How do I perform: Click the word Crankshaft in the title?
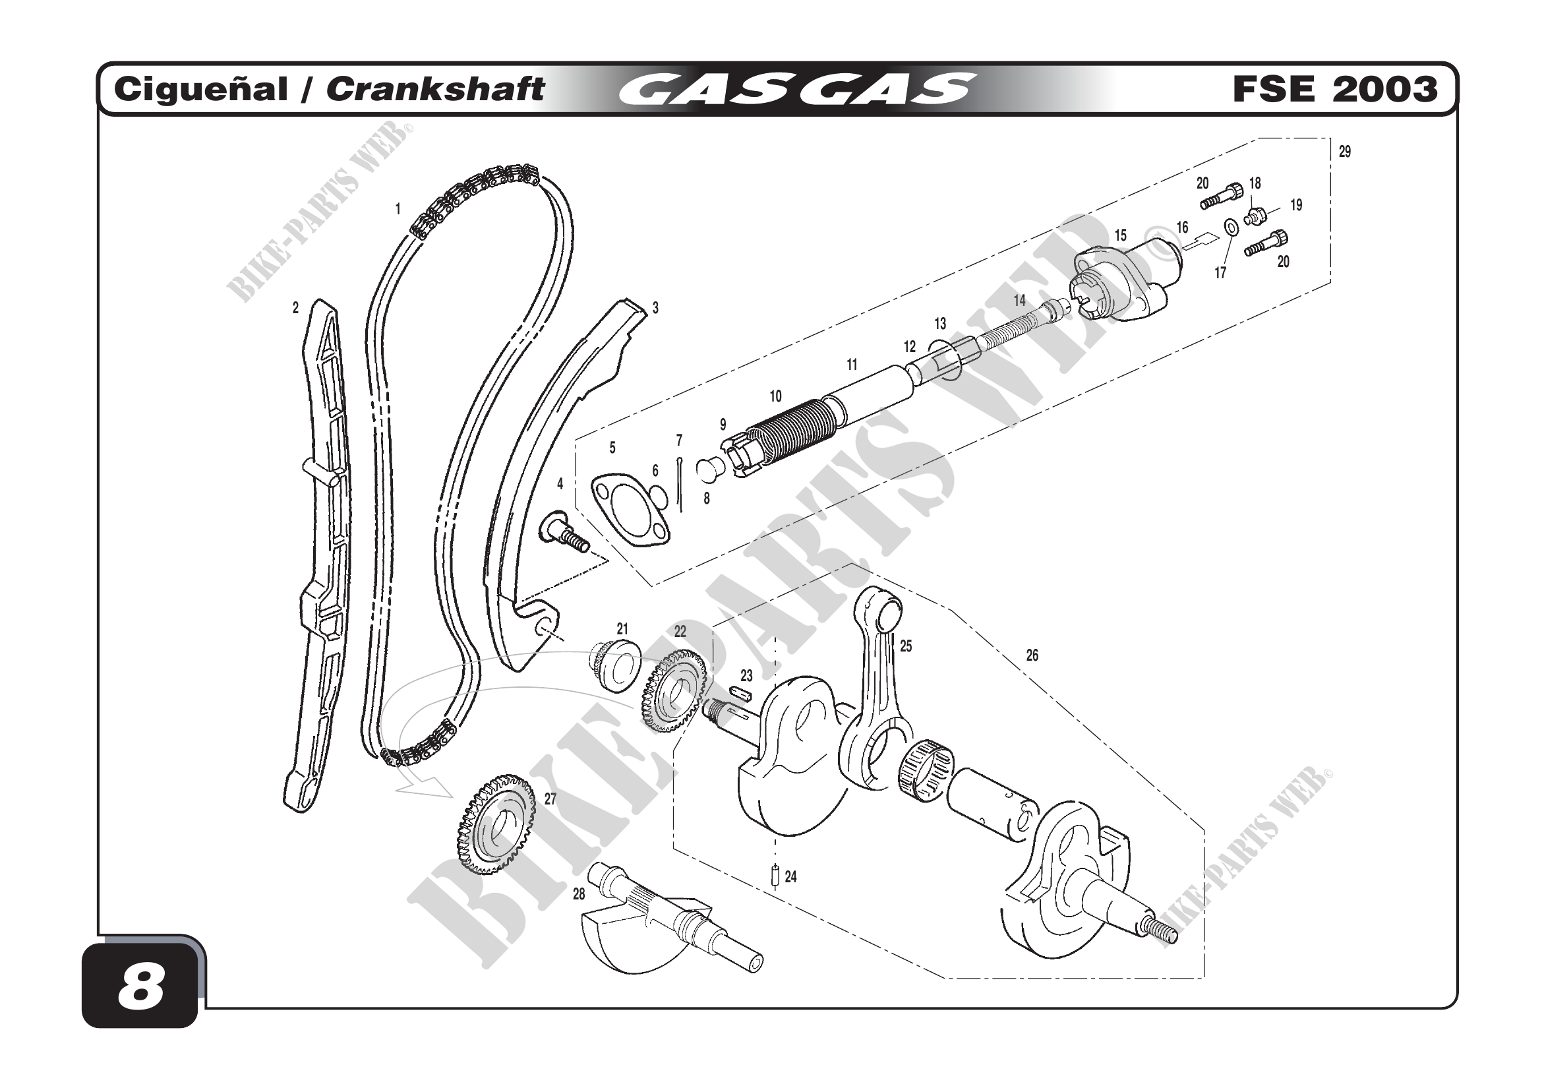[435, 89]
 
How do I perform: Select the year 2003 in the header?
[1384, 89]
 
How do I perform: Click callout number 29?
[1344, 152]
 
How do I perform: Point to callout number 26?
[1032, 655]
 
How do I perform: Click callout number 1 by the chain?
[398, 209]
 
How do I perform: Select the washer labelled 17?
[1232, 227]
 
